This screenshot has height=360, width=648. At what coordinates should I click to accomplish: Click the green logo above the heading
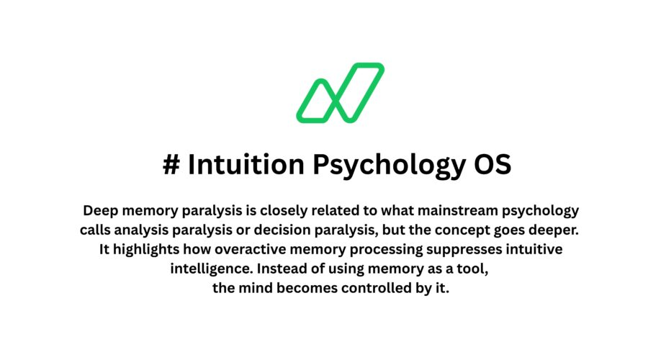(340, 92)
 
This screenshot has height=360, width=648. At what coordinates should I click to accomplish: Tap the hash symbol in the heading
(171, 165)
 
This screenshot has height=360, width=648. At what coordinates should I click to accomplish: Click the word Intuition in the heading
(245, 165)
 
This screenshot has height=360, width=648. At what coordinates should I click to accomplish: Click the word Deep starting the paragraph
(99, 211)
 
